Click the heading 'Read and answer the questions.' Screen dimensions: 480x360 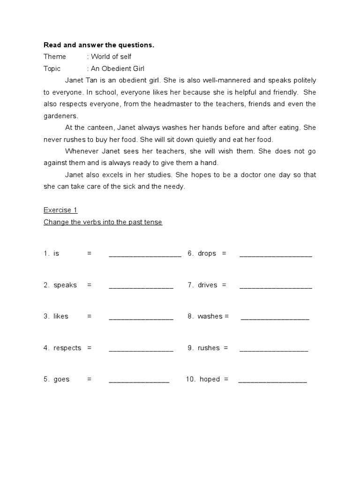pyautogui.click(x=99, y=45)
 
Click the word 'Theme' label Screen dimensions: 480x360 pyautogui.click(x=55, y=57)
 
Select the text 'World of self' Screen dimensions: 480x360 pyautogui.click(x=111, y=57)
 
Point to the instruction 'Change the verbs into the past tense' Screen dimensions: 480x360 pyautogui.click(x=103, y=222)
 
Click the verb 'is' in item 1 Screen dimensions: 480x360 pyautogui.click(x=56, y=254)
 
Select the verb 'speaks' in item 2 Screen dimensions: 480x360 pyautogui.click(x=65, y=285)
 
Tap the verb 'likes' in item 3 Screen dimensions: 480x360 pyautogui.click(x=61, y=316)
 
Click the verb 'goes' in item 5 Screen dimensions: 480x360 pyautogui.click(x=61, y=379)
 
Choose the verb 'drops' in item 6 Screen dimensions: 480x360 pyautogui.click(x=207, y=254)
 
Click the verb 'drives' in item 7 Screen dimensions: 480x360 pyautogui.click(x=207, y=285)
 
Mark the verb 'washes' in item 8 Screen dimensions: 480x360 pyautogui.click(x=210, y=316)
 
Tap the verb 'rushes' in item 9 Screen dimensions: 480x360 pyautogui.click(x=209, y=348)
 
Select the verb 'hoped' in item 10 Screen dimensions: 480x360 pyautogui.click(x=210, y=379)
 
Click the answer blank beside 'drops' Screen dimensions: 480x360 pyautogui.click(x=276, y=255)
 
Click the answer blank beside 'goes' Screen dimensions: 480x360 pyautogui.click(x=139, y=381)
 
